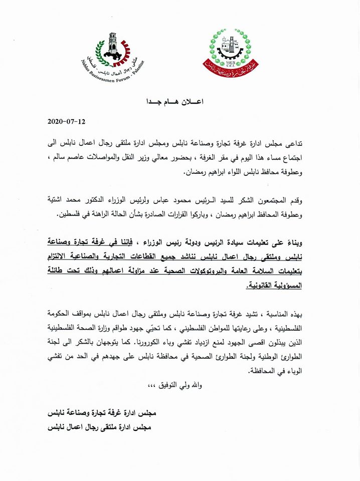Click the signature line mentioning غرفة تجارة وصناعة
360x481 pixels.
click(x=105, y=414)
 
